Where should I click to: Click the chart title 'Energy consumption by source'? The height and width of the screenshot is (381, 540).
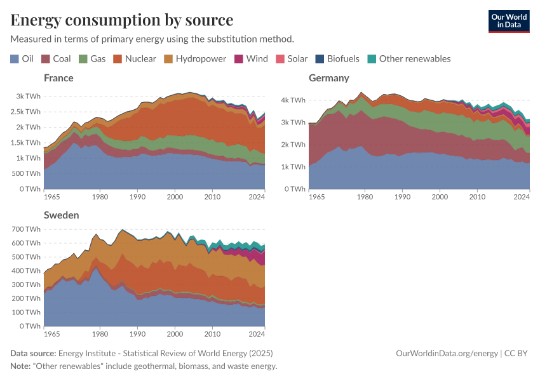pyautogui.click(x=121, y=20)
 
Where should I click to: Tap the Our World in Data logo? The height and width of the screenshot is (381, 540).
pyautogui.click(x=508, y=21)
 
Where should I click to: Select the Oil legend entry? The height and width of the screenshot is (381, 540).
pyautogui.click(x=22, y=58)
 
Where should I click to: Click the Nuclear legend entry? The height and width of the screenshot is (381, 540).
pyautogui.click(x=134, y=58)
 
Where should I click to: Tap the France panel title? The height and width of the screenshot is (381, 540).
pyautogui.click(x=58, y=78)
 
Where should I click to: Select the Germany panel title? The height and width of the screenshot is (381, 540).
pyautogui.click(x=328, y=78)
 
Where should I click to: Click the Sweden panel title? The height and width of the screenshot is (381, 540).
pyautogui.click(x=61, y=215)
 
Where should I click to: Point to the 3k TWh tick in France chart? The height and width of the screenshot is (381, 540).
pyautogui.click(x=29, y=96)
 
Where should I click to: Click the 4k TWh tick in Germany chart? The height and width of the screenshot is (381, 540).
pyautogui.click(x=294, y=100)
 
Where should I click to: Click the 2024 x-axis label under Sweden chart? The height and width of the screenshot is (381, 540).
pyautogui.click(x=256, y=334)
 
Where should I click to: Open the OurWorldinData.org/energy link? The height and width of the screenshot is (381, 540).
pyautogui.click(x=446, y=354)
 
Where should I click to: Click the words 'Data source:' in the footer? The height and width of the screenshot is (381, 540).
pyautogui.click(x=33, y=354)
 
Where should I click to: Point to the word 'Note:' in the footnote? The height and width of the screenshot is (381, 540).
pyautogui.click(x=22, y=366)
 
